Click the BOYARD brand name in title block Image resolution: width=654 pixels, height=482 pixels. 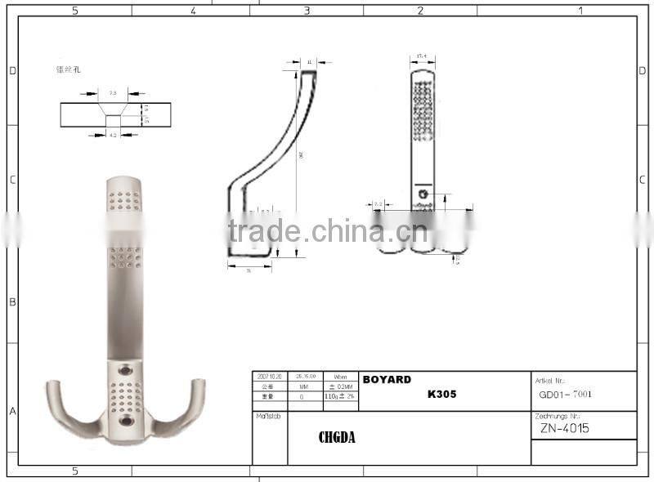pos(386,380)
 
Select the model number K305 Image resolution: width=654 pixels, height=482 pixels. pos(441,394)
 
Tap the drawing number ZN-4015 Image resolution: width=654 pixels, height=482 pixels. pos(564,428)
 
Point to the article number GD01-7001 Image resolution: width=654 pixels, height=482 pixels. pos(565,394)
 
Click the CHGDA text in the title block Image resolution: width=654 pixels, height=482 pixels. pos(337,438)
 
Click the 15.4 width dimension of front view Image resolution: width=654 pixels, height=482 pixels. pos(423,57)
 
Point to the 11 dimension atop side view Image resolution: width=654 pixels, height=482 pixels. pos(310,61)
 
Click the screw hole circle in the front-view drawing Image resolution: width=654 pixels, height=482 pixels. pos(423,194)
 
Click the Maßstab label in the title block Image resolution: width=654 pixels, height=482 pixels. pos(266,416)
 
